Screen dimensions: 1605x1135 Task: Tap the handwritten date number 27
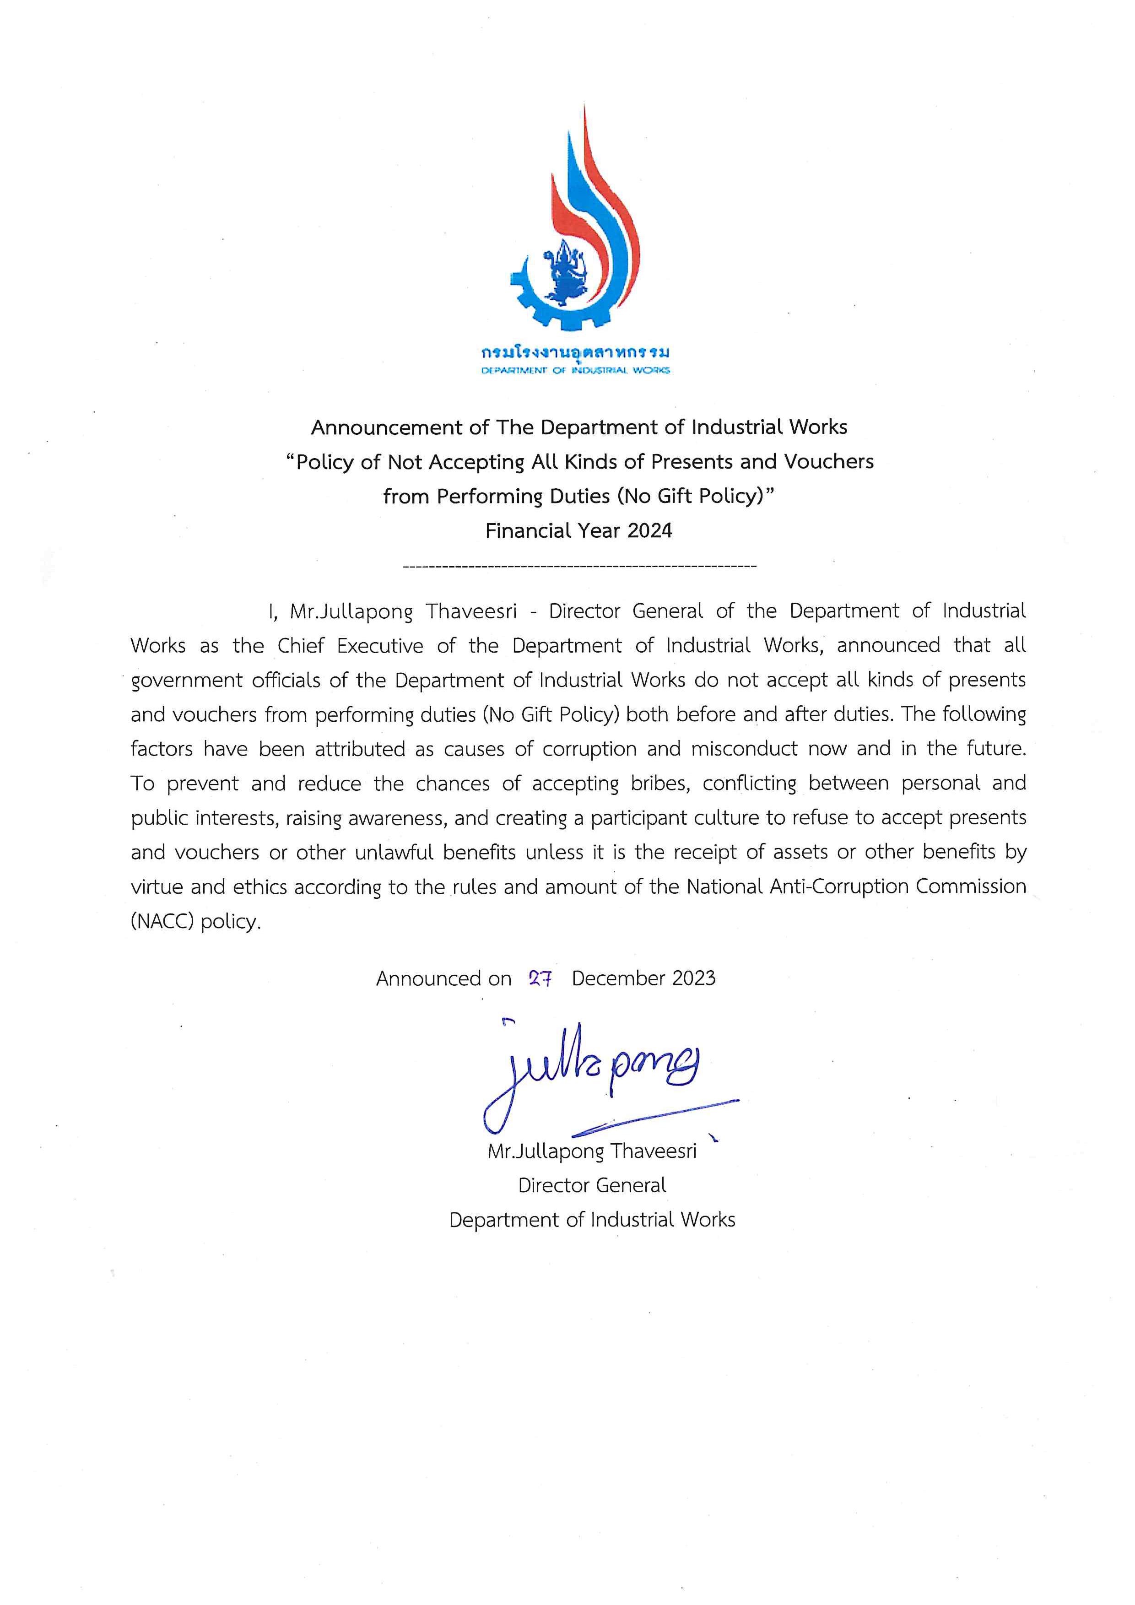click(540, 978)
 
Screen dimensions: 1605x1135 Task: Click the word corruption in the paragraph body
click(589, 749)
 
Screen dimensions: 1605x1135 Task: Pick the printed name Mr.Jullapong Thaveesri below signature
click(592, 1151)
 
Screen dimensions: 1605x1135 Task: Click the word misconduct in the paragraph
click(744, 749)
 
